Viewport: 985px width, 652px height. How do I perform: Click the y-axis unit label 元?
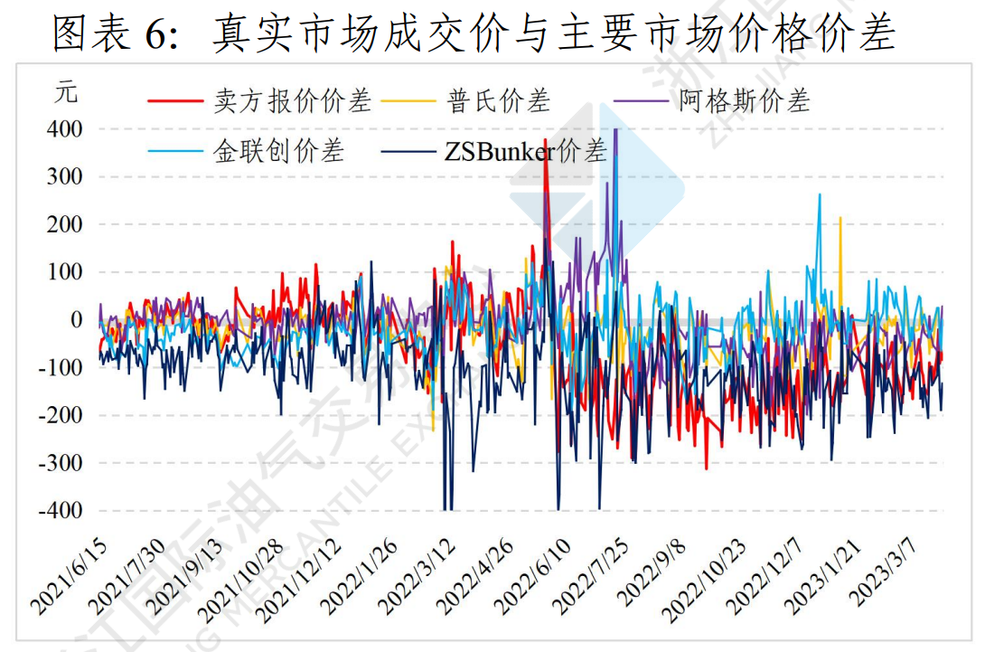click(x=65, y=92)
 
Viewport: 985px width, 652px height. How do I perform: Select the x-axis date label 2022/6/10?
click(x=533, y=576)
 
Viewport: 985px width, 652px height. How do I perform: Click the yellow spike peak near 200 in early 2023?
click(x=840, y=218)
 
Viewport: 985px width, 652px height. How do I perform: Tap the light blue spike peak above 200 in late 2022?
click(x=820, y=194)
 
